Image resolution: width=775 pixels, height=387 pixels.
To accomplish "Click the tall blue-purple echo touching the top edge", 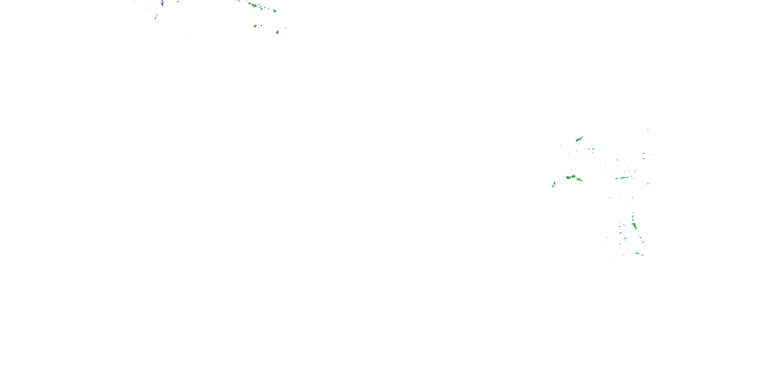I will [x=162, y=3].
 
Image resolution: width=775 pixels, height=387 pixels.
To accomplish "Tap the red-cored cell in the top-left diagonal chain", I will [x=254, y=5].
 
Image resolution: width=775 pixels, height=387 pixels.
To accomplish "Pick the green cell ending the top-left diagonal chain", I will [x=274, y=11].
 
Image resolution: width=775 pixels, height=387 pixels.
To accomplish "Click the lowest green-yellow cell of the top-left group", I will [x=277, y=32].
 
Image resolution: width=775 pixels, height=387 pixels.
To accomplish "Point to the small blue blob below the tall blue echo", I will [x=156, y=18].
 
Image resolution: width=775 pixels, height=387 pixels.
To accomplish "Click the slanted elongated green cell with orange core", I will [x=579, y=139].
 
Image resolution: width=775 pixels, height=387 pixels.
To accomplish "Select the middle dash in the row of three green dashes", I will [x=589, y=149].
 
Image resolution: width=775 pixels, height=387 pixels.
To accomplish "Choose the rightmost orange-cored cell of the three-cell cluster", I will [x=579, y=180].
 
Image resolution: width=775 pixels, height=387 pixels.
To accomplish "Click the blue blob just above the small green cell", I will [x=554, y=183].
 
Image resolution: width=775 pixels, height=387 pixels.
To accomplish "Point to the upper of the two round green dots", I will [x=644, y=154].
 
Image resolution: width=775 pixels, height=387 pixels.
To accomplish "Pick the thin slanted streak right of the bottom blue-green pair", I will [x=643, y=255].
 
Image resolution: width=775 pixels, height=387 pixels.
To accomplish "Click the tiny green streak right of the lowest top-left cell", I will [x=285, y=28].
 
